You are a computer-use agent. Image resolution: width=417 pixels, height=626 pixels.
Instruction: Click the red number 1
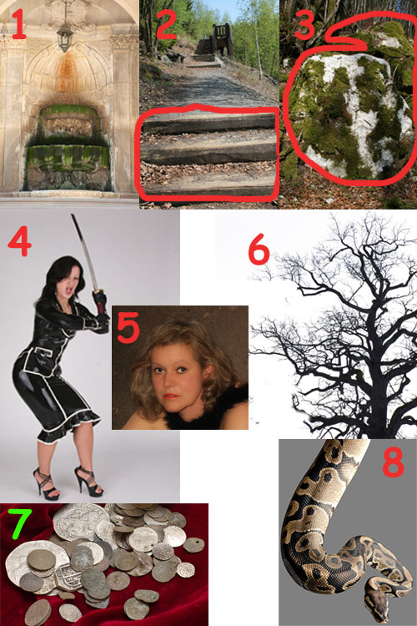18,25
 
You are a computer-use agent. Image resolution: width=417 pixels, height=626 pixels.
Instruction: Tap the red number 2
167,26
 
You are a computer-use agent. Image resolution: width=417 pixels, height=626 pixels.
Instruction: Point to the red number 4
19,241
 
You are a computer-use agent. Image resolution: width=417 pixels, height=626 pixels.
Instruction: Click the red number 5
128,327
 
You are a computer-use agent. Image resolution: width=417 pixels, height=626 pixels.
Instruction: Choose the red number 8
393,462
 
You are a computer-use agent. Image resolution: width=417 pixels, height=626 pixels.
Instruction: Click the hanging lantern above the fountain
65,38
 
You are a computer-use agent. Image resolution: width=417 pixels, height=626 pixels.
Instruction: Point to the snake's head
378,603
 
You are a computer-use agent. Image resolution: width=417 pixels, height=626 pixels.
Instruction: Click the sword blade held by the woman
84,250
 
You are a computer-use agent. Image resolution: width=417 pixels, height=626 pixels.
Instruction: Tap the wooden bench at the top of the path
223,39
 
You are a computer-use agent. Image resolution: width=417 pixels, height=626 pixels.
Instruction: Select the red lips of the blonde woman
170,396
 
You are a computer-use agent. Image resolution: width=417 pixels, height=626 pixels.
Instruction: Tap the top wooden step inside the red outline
209,123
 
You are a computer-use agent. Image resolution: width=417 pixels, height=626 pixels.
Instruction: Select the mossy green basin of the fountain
68,157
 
